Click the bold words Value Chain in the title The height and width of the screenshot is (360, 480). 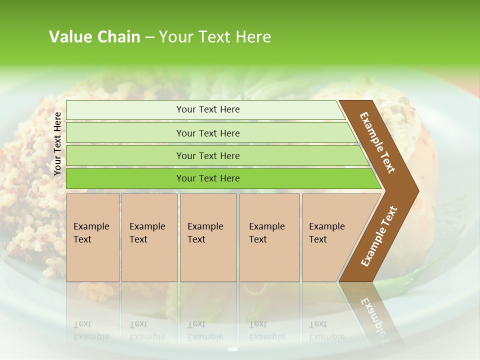coord(94,37)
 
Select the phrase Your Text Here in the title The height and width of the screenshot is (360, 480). coord(215,37)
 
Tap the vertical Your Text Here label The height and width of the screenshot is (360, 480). coord(57,143)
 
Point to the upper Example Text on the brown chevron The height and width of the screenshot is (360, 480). coord(377,142)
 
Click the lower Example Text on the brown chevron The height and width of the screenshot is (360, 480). coord(378,236)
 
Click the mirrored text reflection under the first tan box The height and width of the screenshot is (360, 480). coord(91,330)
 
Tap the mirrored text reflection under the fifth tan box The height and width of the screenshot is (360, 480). coord(326,330)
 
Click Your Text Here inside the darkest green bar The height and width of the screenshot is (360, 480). coord(208,178)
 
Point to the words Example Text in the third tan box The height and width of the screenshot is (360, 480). coord(205,233)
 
